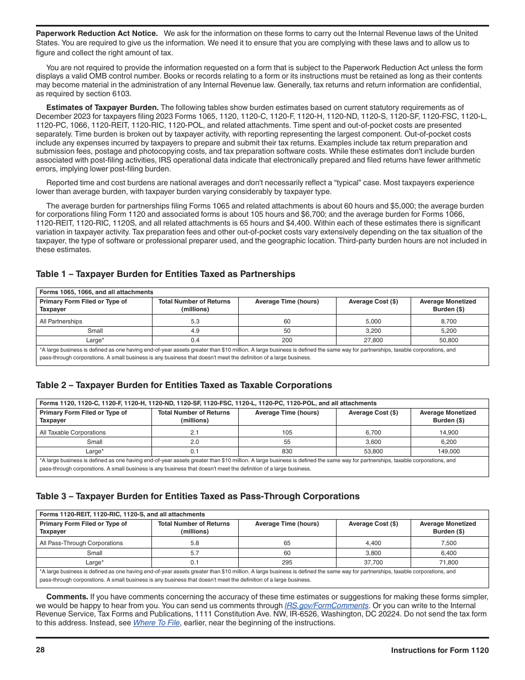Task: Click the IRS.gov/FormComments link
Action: [x=326, y=605]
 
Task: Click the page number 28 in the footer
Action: [x=40, y=650]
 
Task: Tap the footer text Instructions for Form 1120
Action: [x=439, y=651]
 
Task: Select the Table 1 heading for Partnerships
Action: [x=165, y=274]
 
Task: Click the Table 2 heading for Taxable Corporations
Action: [x=183, y=385]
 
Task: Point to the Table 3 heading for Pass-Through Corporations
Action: [x=197, y=496]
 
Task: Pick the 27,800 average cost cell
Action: [x=373, y=341]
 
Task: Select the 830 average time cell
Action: [x=287, y=452]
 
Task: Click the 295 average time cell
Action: [x=287, y=563]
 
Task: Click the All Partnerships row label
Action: [x=61, y=321]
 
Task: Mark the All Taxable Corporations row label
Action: [x=72, y=432]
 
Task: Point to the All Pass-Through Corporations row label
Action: [x=81, y=543]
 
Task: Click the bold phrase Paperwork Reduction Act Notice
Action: [x=97, y=34]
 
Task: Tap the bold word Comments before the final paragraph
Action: [x=67, y=597]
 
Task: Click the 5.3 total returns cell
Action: [x=195, y=321]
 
